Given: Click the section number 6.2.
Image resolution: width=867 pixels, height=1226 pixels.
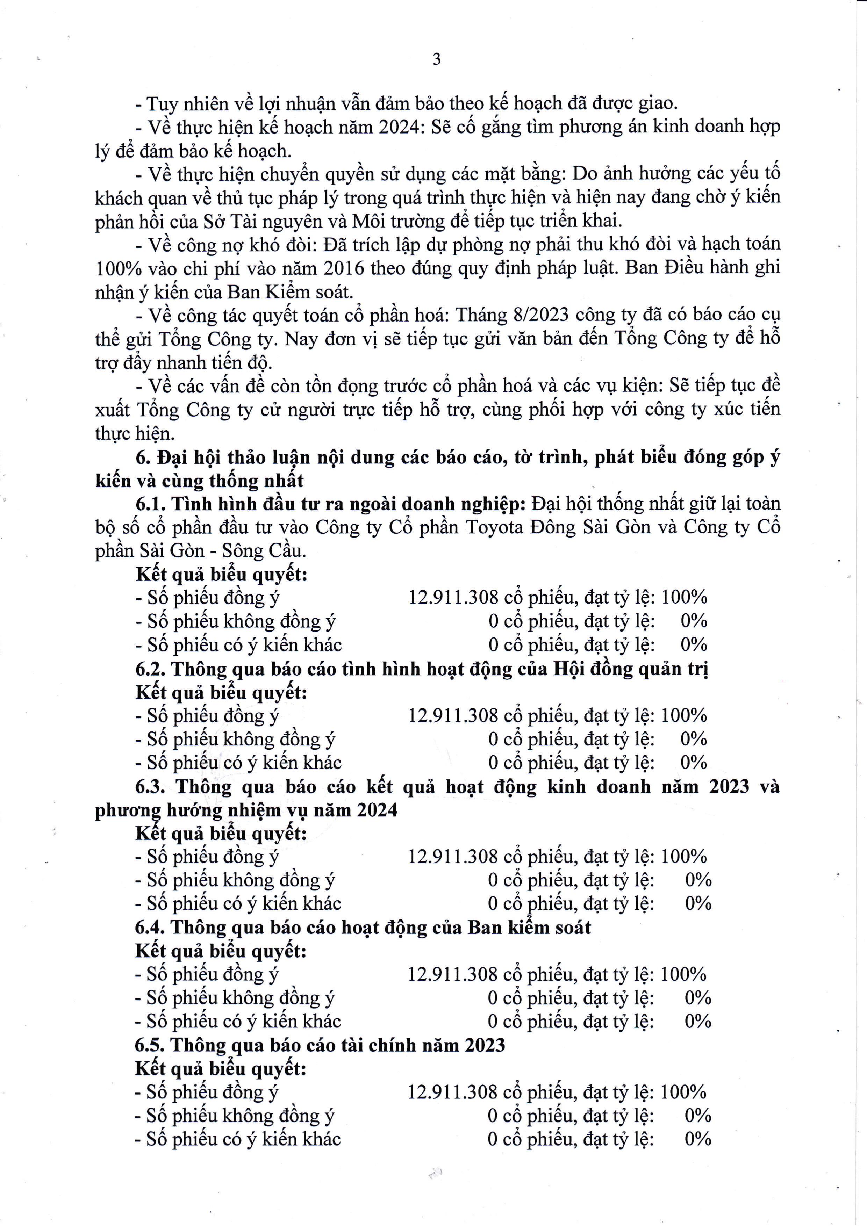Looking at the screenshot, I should coord(151,669).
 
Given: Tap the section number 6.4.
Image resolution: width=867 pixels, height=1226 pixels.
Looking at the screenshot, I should coord(151,928).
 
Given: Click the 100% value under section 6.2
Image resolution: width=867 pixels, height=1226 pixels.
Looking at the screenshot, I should coord(684,715).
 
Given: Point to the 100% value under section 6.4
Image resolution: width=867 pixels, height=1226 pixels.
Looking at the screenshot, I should coord(683,974).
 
